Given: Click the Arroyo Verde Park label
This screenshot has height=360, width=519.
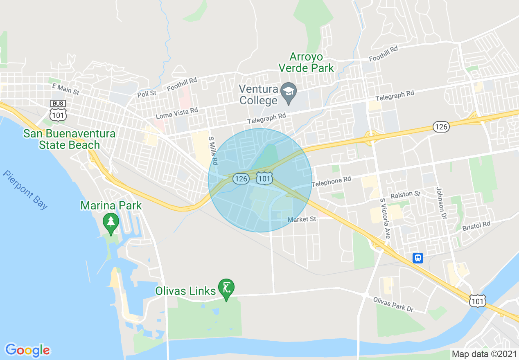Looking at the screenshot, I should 306,62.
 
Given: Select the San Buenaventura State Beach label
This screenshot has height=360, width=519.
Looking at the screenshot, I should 69,139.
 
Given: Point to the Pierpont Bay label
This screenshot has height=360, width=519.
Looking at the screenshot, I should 25,189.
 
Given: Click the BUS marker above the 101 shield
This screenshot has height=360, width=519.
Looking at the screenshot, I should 58,103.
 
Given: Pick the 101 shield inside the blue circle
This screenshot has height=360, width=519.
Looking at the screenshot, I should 265,178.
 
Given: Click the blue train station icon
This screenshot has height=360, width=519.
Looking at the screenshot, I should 418,258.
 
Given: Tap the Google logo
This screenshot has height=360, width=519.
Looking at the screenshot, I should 28,350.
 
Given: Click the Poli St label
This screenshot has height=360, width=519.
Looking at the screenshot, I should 147,93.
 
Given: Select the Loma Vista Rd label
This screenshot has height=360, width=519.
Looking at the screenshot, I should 177,114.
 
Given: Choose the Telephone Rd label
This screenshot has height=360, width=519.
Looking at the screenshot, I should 332,182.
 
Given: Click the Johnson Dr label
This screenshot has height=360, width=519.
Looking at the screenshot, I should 440,202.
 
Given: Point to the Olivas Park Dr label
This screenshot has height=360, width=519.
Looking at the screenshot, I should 393,304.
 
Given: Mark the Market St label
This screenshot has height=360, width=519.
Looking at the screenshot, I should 302,219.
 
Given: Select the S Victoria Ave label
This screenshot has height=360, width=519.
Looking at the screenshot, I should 385,218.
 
